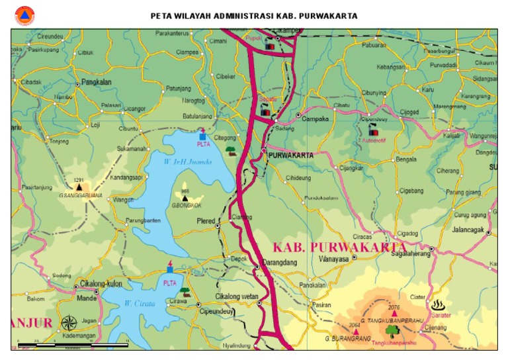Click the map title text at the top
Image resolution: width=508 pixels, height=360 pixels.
pyautogui.click(x=254, y=15)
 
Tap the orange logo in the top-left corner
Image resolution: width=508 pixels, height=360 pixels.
pyautogui.click(x=24, y=15)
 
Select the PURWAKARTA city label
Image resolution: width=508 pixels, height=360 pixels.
pyautogui.click(x=290, y=154)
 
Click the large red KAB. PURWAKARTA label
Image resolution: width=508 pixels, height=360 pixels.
pyautogui.click(x=339, y=247)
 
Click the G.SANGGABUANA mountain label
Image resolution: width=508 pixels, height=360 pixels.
pyautogui.click(x=81, y=196)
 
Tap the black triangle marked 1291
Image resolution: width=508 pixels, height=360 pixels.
pyautogui.click(x=79, y=187)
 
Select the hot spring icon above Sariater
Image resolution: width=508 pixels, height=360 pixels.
pyautogui.click(x=437, y=305)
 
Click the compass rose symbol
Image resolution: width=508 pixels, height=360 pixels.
pyautogui.click(x=69, y=324)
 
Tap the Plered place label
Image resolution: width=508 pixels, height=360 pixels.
pyautogui.click(x=206, y=221)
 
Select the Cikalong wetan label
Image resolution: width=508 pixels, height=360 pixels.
pyautogui.click(x=237, y=296)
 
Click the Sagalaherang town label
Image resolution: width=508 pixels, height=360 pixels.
pyautogui.click(x=406, y=253)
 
